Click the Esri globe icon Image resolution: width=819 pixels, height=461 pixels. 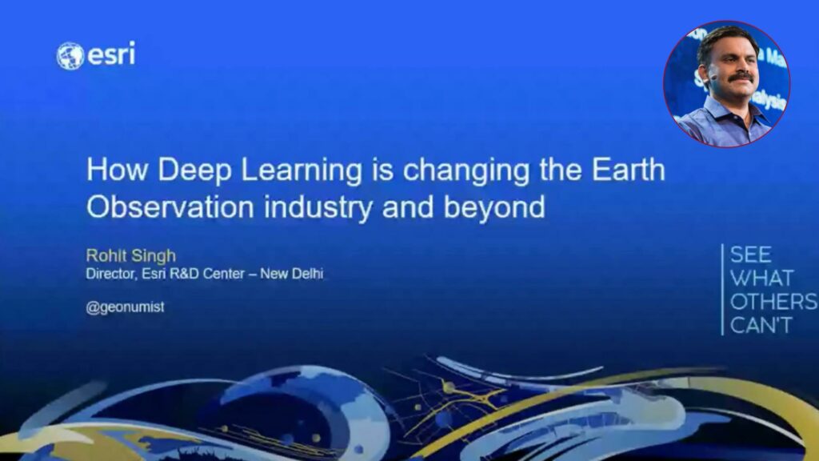coord(70,56)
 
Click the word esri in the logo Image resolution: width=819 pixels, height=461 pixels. coord(111,54)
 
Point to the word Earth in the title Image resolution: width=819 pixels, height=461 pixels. coord(629,170)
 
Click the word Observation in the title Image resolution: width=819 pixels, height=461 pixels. coord(170,206)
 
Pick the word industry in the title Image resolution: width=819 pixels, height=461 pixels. coord(318,207)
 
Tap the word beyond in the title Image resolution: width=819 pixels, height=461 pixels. coord(494,207)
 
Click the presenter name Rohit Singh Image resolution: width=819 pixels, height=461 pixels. coord(130,255)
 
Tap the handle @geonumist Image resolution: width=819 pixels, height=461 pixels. coord(125,307)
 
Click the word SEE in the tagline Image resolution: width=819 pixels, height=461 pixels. coord(750,255)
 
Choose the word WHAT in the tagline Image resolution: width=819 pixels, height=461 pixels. coord(762,278)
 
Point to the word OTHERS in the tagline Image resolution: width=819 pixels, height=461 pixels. coord(773,302)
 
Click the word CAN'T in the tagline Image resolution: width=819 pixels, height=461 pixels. coord(761,325)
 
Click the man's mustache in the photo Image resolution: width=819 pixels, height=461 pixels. coord(741,78)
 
